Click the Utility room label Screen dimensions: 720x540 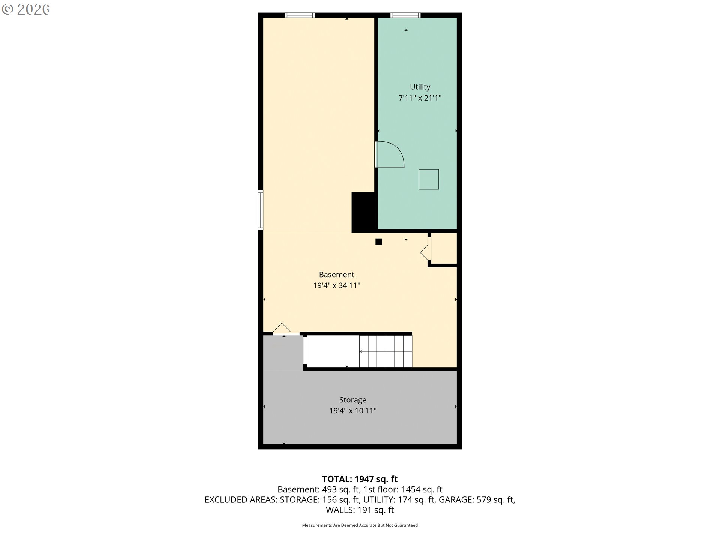pyautogui.click(x=420, y=87)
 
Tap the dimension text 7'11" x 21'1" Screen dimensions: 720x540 pyautogui.click(x=420, y=98)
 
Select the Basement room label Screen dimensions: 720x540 pyautogui.click(x=337, y=274)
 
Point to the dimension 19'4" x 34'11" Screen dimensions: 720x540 pyautogui.click(x=337, y=285)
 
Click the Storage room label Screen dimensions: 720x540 pyautogui.click(x=353, y=400)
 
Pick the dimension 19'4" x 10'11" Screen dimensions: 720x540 pyautogui.click(x=353, y=411)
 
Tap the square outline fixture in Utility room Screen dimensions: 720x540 pyautogui.click(x=429, y=179)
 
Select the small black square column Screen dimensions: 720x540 pyautogui.click(x=379, y=242)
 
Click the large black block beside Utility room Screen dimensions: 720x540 pyautogui.click(x=364, y=212)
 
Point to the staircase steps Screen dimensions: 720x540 pyautogui.click(x=385, y=351)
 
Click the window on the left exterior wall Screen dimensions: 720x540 pyautogui.click(x=260, y=210)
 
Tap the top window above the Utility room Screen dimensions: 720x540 pyautogui.click(x=405, y=15)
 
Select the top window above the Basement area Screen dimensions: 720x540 pyautogui.click(x=300, y=15)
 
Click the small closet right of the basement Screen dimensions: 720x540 pyautogui.click(x=444, y=248)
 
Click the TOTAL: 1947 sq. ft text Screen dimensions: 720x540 pyautogui.click(x=360, y=479)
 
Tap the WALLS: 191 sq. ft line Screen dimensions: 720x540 pyautogui.click(x=360, y=510)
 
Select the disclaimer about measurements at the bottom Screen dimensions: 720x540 pyautogui.click(x=360, y=525)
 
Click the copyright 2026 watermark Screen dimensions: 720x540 pyautogui.click(x=25, y=9)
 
